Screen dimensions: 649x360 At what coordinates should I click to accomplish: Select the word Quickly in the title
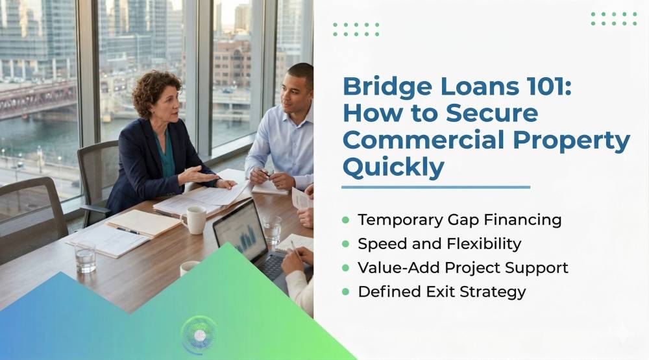click(x=393, y=168)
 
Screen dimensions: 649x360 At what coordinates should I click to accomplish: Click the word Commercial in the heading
click(x=423, y=140)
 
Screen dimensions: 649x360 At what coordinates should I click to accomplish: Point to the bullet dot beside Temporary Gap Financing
click(x=346, y=220)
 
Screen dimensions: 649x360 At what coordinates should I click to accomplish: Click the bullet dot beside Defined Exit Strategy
click(x=346, y=292)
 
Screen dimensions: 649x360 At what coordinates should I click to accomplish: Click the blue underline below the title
click(x=436, y=187)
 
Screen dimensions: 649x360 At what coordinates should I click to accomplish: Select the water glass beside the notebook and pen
click(x=85, y=258)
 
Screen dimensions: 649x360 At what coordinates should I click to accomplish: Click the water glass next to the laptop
click(x=272, y=230)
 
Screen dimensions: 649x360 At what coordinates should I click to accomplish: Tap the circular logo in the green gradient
click(x=199, y=335)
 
